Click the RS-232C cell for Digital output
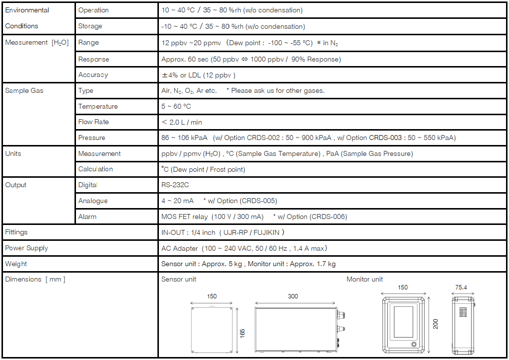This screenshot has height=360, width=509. [175, 185]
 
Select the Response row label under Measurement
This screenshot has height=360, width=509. [93, 59]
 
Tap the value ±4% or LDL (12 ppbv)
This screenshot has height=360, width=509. [198, 75]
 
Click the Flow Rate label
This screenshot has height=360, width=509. [93, 122]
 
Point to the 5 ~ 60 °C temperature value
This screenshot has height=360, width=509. [176, 107]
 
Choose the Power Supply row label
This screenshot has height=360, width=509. [26, 248]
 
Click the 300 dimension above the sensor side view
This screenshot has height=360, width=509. [293, 296]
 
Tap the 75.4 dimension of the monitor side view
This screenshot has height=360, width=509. [464, 288]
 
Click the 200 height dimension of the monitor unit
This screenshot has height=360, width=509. [436, 324]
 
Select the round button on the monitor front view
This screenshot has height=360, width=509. [413, 344]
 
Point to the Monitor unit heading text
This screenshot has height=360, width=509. [364, 280]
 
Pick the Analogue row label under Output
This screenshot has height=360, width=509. [93, 201]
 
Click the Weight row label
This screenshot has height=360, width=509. [16, 264]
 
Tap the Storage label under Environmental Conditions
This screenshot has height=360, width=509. [90, 26]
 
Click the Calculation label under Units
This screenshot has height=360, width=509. [95, 169]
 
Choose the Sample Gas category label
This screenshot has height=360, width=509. [24, 91]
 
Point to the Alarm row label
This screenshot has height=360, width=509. [87, 217]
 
